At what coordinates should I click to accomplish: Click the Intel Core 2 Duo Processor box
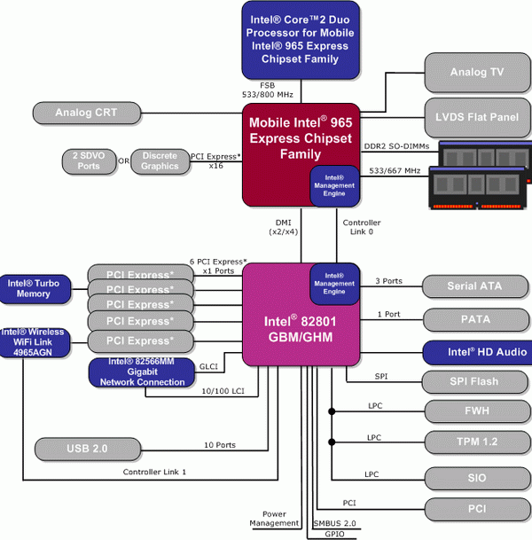(301, 39)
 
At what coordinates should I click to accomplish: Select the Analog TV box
(477, 73)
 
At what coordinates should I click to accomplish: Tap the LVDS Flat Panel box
(477, 116)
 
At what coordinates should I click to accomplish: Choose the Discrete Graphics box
(160, 160)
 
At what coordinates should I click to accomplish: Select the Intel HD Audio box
(477, 352)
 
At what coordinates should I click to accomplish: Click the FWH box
(477, 411)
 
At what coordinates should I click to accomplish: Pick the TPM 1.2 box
(477, 441)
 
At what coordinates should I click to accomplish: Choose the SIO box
(477, 477)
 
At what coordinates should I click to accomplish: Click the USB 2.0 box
(87, 449)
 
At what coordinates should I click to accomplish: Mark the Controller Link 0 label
(362, 227)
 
